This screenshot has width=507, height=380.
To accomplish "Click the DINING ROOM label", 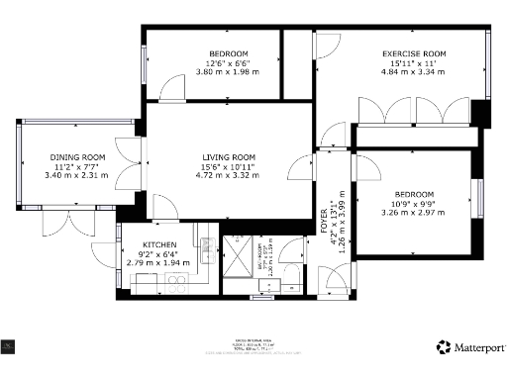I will click(x=78, y=157).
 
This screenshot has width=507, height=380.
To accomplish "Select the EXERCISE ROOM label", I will click(x=415, y=53).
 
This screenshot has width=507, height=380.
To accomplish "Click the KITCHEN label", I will click(x=159, y=244).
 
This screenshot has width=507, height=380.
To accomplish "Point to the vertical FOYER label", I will click(x=324, y=225).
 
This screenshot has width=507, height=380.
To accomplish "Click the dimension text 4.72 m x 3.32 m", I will click(x=229, y=176).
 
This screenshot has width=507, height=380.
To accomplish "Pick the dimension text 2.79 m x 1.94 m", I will click(x=159, y=262).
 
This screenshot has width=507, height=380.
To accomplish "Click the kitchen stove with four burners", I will click(x=176, y=284).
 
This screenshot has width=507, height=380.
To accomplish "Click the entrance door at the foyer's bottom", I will click(x=335, y=281).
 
